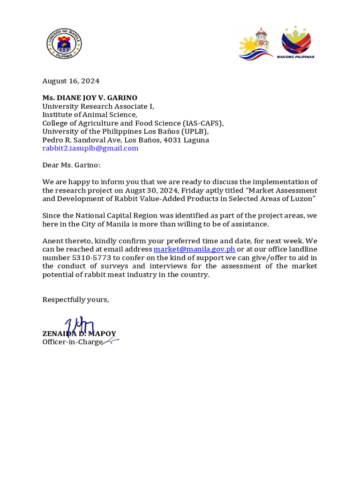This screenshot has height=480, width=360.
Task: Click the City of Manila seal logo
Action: coord(64,44)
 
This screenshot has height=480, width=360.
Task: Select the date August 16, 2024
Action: coord(71,81)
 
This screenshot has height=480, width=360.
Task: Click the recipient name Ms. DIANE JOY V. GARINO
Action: coord(90,98)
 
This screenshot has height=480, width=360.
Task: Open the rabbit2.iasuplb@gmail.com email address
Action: coord(90,149)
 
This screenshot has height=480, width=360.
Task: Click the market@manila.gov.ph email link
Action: coord(194,249)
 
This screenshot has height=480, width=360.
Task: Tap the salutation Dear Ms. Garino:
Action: coord(71,165)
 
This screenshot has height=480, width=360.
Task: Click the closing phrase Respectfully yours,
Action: coord(75,300)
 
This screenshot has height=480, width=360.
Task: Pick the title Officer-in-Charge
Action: coord(72,342)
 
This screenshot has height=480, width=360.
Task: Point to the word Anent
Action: coord(53,241)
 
